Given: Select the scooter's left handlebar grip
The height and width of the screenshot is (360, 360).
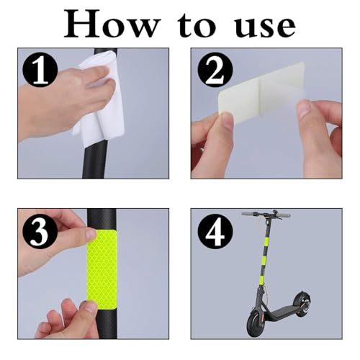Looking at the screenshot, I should [248, 214].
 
